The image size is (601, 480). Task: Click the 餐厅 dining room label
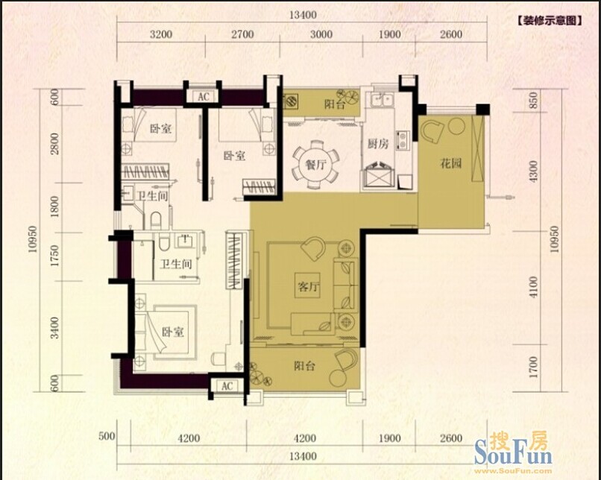point(315,165)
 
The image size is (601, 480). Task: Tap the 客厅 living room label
point(308,286)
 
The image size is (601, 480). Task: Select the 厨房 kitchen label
point(378,144)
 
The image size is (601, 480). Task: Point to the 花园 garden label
point(450,164)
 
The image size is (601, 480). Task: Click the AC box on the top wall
point(204,97)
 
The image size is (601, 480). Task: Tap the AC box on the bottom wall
point(227,386)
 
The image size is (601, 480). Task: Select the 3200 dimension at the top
point(160,34)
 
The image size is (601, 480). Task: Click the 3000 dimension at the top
point(321,34)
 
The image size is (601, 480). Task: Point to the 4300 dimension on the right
point(533,171)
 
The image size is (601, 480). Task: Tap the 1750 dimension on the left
point(55,256)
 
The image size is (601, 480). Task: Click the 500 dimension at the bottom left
point(107,436)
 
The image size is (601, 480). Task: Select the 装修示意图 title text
point(550,20)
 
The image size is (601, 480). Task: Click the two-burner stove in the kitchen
point(403,141)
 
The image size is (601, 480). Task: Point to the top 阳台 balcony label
point(335,104)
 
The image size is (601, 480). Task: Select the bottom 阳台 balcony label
point(304,366)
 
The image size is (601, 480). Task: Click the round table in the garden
point(456,126)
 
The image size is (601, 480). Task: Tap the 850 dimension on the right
point(533,100)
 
